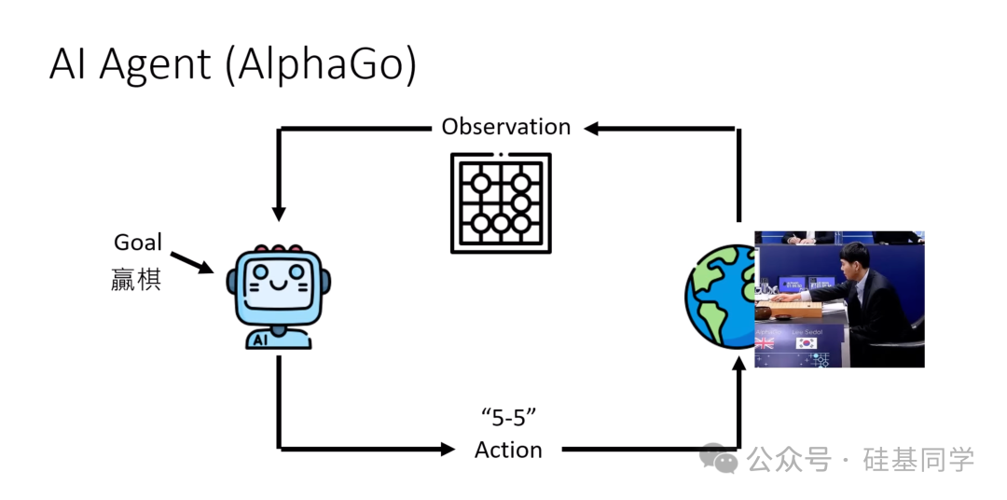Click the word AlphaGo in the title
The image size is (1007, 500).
322,66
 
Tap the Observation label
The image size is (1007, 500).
506,127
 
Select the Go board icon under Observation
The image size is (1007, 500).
501,202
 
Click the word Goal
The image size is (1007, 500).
138,243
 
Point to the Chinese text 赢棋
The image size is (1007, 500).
136,279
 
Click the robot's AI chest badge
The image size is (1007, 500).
261,340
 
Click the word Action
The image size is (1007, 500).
508,450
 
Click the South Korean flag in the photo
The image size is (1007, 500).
807,343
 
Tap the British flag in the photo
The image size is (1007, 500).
766,343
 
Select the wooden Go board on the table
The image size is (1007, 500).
798,307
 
